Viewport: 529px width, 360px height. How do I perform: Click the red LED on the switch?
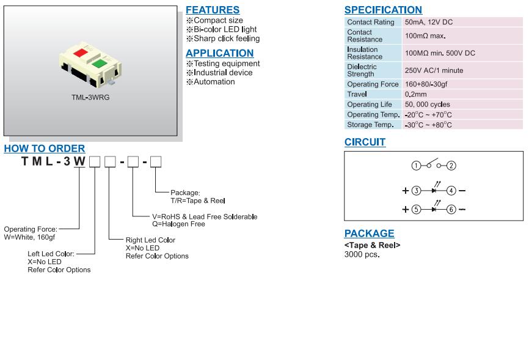coord(80,53)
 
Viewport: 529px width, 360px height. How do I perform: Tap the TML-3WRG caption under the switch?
coord(90,97)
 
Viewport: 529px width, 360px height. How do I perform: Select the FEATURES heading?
coord(213,10)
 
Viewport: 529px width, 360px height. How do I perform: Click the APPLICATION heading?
coord(219,53)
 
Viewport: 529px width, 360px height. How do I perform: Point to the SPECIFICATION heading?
coord(383,10)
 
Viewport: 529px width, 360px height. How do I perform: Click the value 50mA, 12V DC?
coord(429,22)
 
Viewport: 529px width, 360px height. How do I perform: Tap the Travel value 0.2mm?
coord(417,95)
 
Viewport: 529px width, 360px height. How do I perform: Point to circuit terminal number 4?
coord(451,191)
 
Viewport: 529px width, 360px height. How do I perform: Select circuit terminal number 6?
coord(451,209)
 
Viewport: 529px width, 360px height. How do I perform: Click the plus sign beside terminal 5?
coord(405,209)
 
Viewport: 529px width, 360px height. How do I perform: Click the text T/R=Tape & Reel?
coord(199,200)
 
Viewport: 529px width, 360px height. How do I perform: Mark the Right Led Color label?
coord(150,240)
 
